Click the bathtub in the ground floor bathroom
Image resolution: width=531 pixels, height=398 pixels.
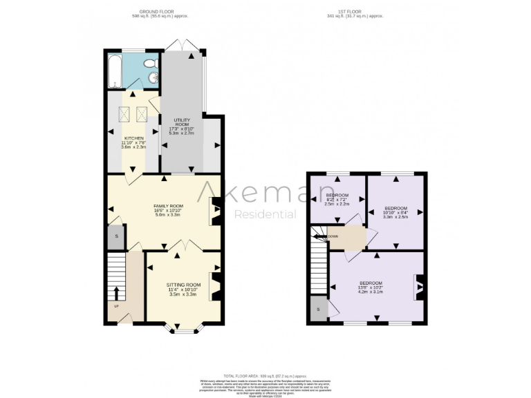click(x=115, y=70)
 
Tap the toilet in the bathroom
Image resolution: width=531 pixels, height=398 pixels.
click(x=151, y=64)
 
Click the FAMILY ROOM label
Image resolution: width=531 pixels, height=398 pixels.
click(x=167, y=206)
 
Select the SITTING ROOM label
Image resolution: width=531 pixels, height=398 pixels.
click(x=183, y=285)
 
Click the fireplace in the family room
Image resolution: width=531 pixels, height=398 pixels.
click(x=214, y=211)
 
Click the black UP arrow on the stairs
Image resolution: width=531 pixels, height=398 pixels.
click(x=115, y=292)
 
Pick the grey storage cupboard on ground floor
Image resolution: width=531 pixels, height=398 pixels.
click(x=115, y=237)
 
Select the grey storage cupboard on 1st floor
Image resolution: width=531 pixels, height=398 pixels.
click(x=318, y=309)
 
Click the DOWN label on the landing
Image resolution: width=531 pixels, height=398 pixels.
click(x=333, y=236)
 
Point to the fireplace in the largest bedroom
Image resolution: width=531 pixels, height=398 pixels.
click(x=419, y=287)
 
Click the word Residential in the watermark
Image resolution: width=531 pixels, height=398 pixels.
click(x=265, y=214)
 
